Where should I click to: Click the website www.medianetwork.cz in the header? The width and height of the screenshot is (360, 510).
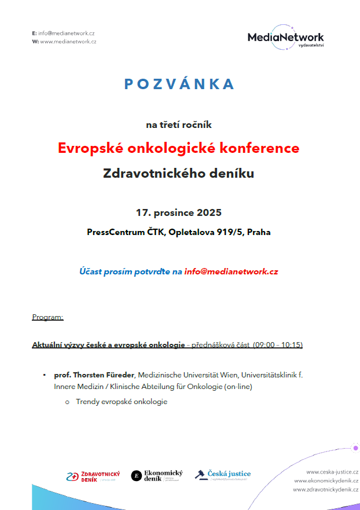click(68, 42)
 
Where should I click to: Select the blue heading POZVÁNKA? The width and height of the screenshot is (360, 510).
click(179, 85)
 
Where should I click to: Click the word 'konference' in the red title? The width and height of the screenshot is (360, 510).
click(263, 148)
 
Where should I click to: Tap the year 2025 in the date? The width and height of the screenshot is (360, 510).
click(208, 213)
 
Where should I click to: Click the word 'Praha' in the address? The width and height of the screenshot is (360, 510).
click(258, 232)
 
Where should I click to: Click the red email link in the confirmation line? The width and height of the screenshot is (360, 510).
click(232, 271)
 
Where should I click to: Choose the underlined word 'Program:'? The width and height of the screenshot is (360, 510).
click(47, 317)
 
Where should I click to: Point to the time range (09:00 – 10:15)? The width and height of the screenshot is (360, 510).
click(277, 345)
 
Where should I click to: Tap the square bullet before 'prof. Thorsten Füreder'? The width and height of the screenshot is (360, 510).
click(45, 375)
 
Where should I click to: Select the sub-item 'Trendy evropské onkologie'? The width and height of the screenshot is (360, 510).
click(122, 402)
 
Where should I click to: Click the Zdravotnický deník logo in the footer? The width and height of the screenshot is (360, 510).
click(93, 476)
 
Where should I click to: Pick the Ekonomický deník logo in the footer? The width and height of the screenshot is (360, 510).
click(156, 476)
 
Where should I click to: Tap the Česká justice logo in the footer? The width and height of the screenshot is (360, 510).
click(223, 475)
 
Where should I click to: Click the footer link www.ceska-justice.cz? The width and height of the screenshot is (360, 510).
click(332, 472)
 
